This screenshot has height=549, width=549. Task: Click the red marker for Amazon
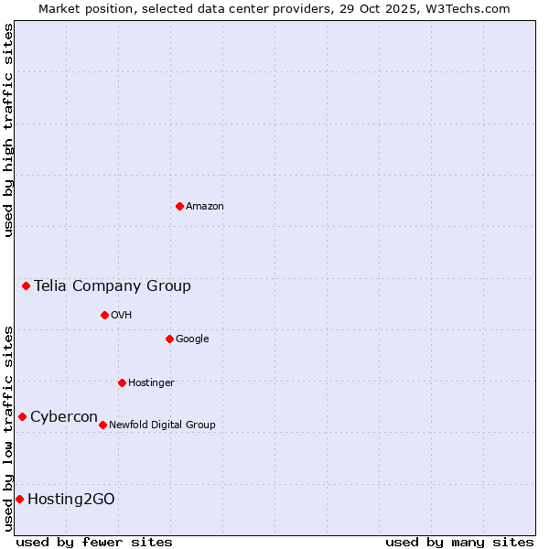pyautogui.click(x=179, y=206)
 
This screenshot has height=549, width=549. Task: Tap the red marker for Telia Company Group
pyautogui.click(x=27, y=285)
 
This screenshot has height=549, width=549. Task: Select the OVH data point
pyautogui.click(x=104, y=315)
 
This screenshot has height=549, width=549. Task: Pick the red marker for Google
pyautogui.click(x=169, y=339)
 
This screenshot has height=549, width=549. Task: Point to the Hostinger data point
pyautogui.click(x=122, y=382)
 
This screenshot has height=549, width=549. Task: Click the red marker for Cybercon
pyautogui.click(x=22, y=416)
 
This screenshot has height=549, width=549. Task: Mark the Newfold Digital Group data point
pyautogui.click(x=102, y=425)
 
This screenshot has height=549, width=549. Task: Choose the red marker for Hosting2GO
pyautogui.click(x=19, y=499)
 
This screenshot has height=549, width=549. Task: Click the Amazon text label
pyautogui.click(x=205, y=207)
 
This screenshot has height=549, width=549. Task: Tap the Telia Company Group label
pyautogui.click(x=113, y=286)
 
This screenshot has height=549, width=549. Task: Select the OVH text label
pyautogui.click(x=122, y=316)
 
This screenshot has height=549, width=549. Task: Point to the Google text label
pyautogui.click(x=192, y=339)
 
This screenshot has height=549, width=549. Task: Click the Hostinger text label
pyautogui.click(x=151, y=383)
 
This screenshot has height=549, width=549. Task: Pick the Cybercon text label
pyautogui.click(x=64, y=417)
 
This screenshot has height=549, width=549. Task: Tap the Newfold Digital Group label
pyautogui.click(x=162, y=425)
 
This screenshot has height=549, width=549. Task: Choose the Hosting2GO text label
pyautogui.click(x=71, y=500)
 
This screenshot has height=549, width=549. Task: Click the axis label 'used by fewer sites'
pyautogui.click(x=94, y=542)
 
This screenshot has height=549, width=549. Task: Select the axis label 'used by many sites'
pyautogui.click(x=459, y=542)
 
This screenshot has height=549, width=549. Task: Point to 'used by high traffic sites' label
pyautogui.click(x=8, y=130)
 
